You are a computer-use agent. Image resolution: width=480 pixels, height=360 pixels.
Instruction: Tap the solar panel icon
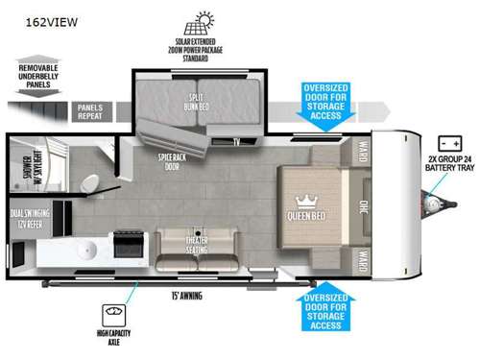coord(204,21)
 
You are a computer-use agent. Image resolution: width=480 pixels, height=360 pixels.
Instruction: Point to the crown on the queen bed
coord(307,201)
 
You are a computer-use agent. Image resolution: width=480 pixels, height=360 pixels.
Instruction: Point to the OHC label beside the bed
coord(364,205)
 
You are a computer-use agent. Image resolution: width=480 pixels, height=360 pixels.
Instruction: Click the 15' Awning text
coord(189,296)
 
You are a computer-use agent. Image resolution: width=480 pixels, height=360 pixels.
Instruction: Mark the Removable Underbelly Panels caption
coord(39,76)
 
